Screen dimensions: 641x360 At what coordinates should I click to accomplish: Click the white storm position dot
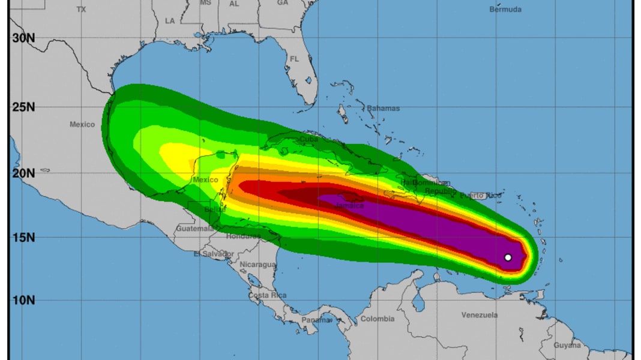tap(508, 257)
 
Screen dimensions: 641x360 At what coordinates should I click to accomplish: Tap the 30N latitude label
tap(23, 38)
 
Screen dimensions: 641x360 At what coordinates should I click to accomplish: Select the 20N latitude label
tap(23, 173)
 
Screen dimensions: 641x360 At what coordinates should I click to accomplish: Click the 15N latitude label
tap(23, 237)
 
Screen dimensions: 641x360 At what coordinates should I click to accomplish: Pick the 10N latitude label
tap(23, 300)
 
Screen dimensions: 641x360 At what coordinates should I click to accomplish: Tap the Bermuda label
tap(505, 10)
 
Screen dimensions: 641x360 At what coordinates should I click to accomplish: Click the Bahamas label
tap(383, 109)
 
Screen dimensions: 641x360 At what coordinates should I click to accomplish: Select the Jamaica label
tap(349, 206)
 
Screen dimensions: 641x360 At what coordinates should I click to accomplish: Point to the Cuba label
tap(308, 139)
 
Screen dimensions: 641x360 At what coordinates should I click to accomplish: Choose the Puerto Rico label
tap(481, 196)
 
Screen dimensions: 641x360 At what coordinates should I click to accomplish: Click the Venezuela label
tap(480, 315)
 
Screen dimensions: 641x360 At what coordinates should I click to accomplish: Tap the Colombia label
tap(377, 319)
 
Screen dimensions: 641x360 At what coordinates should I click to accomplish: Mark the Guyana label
tap(567, 345)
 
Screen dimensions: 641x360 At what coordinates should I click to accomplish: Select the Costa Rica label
tap(267, 295)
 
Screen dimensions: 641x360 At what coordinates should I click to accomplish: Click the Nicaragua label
tap(257, 265)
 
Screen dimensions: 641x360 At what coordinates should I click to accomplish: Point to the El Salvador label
tap(213, 254)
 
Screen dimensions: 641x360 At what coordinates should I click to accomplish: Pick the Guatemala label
tap(194, 229)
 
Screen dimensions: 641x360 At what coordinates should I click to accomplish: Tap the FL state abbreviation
tap(294, 59)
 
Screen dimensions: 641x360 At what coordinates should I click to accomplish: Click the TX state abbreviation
tap(81, 10)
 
